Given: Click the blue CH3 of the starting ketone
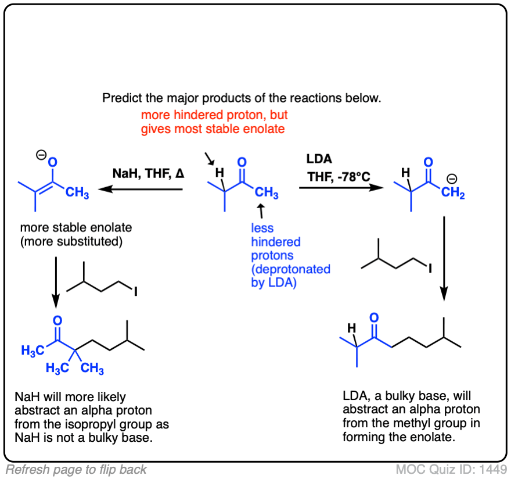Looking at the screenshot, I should pos(266,192).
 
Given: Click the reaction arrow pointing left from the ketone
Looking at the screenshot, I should pos(139,189).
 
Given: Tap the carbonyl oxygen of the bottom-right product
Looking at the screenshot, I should pos(374,317).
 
